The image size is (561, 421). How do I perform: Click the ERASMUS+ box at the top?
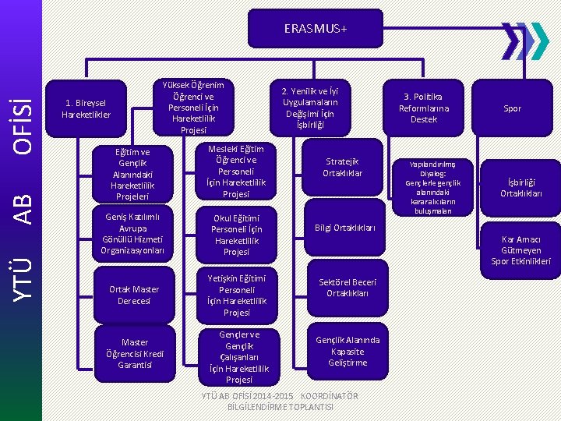pos(316,29)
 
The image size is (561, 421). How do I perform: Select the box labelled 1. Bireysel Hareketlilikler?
pos(86,109)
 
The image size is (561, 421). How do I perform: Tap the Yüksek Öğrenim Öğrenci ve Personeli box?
pos(192,107)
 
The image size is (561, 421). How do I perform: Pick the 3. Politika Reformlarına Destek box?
pos(424,108)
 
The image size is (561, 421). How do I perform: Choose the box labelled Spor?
pos(512,109)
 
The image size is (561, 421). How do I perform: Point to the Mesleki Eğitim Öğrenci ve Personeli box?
pos(236,171)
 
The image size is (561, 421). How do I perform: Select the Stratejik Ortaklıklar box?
pos(343,168)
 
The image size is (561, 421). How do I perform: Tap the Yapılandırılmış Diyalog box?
pos(434,187)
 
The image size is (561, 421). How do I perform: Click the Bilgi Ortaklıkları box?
pos(345,228)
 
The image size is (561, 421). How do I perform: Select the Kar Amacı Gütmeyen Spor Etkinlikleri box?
pos(520,250)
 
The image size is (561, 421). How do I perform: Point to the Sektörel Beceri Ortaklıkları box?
pos(348,288)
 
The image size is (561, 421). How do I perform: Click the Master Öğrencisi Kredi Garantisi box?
pos(135,353)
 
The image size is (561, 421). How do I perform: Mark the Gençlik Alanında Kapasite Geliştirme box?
pos(348,351)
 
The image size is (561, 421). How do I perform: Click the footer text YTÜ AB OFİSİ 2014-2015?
pos(280,402)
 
